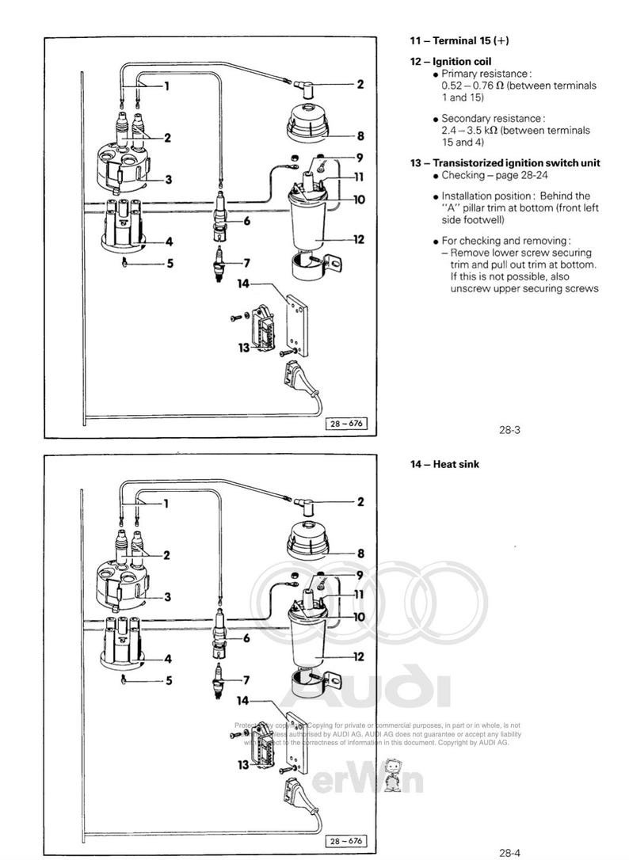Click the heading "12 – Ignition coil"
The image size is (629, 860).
[x=451, y=61]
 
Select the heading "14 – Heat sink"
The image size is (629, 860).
[x=444, y=464]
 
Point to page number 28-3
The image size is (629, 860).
[x=509, y=431]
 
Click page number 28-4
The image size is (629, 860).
[x=509, y=853]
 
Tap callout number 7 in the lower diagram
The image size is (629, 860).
[x=246, y=679]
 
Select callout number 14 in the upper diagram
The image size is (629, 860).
[x=242, y=283]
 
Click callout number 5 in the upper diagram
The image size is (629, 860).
[x=170, y=263]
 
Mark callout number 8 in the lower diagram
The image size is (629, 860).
[x=360, y=554]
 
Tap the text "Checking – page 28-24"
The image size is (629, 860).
[x=490, y=175]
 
